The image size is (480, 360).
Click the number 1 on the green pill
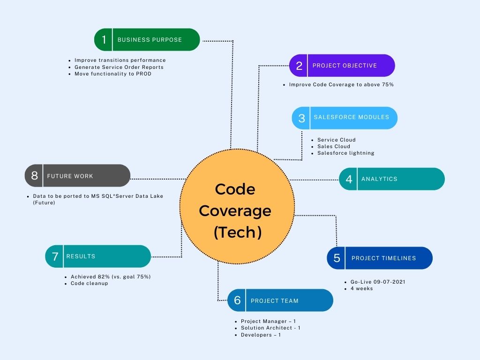click(104, 40)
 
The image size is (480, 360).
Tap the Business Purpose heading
click(150, 40)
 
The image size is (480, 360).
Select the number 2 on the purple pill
click(299, 66)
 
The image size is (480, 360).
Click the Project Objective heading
click(345, 66)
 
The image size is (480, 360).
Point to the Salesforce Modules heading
click(352, 117)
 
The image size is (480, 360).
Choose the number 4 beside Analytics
click(349, 179)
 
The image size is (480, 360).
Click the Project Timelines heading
click(383, 258)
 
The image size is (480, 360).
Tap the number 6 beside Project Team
click(237, 300)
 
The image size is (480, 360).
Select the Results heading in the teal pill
click(81, 256)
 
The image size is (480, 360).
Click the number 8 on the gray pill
click(34, 176)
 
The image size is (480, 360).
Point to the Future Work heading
click(70, 176)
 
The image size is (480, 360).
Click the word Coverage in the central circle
click(235, 210)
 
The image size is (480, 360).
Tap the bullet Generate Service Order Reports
click(119, 67)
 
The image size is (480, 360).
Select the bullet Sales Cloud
click(333, 146)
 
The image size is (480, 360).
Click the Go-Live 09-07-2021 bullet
click(378, 282)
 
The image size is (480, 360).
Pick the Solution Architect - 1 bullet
click(270, 328)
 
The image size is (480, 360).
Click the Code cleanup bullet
click(89, 283)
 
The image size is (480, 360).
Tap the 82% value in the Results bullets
click(105, 277)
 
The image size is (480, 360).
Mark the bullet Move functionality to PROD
click(113, 74)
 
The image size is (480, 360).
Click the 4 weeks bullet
click(361, 288)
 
